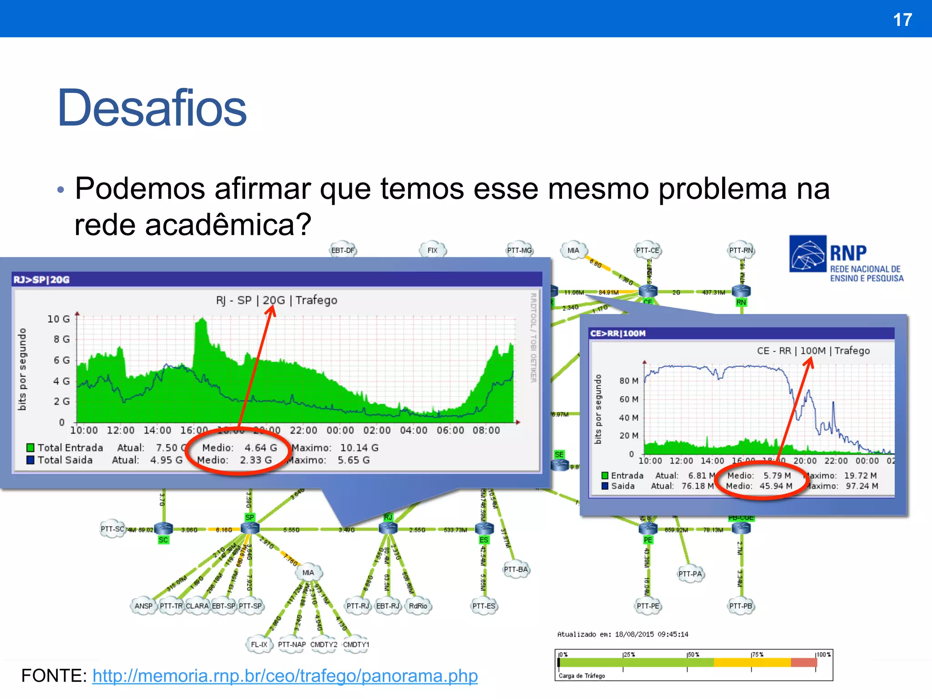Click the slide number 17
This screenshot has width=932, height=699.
point(902,20)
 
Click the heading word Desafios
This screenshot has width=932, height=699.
point(152,108)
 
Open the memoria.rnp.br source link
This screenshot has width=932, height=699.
point(285,676)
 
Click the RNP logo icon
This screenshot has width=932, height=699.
point(808,253)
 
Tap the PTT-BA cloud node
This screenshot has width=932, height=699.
point(516,569)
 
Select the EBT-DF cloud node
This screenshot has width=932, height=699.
point(343,250)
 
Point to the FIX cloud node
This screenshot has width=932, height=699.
point(432,250)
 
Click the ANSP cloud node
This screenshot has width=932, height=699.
point(143,606)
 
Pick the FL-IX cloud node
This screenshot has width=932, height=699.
point(259,644)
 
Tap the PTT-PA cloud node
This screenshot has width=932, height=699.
point(690,574)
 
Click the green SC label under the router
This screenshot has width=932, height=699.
point(163,540)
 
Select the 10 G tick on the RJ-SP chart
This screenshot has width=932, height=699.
point(59,319)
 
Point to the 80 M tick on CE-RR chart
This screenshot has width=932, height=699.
point(628,380)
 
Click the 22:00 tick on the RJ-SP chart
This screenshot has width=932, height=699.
point(304,431)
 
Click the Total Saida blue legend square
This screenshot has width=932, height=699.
point(30,460)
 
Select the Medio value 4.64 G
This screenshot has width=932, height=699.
point(261,448)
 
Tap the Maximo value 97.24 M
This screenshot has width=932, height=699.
point(862,486)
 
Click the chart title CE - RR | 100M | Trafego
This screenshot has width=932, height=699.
point(813,351)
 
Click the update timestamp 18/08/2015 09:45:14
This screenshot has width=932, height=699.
point(651,634)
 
